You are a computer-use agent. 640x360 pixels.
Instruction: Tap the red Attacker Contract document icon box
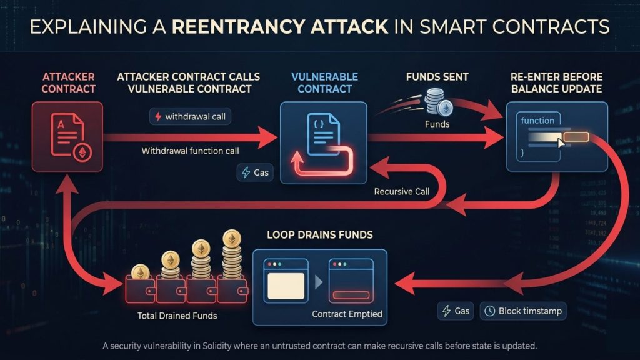pos(67,137)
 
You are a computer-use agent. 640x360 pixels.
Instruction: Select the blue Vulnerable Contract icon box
pos(324,143)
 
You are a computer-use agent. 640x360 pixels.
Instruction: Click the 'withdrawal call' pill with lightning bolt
pos(191,117)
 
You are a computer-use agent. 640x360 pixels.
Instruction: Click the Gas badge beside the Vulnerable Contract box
pos(256,172)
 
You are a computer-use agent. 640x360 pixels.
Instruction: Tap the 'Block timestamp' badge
pos(523,311)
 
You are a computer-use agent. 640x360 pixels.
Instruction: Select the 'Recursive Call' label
pos(402,191)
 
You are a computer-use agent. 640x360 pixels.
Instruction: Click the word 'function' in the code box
pos(537,120)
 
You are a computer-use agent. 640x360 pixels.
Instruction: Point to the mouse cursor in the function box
pos(561,143)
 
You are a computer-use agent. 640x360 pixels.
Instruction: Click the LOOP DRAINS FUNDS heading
pos(320,235)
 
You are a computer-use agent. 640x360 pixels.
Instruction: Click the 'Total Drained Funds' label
pos(177,316)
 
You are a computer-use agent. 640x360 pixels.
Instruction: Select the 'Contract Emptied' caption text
pos(347,314)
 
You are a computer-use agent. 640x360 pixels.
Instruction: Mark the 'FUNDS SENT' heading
pos(437,77)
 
